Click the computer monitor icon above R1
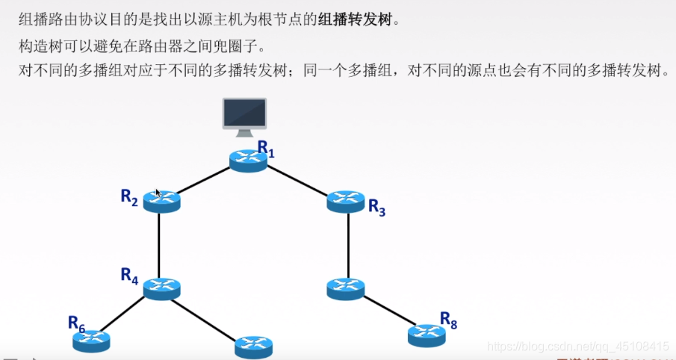click(x=245, y=117)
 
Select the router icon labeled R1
click(x=248, y=161)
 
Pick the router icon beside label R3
click(x=346, y=202)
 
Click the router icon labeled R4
click(x=162, y=288)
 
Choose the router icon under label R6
click(x=91, y=341)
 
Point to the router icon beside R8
click(x=427, y=335)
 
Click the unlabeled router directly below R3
click(x=346, y=288)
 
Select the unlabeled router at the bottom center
click(x=253, y=347)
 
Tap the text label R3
click(x=376, y=208)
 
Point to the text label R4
click(x=129, y=275)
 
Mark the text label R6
click(x=76, y=323)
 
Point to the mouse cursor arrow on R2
click(x=158, y=193)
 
